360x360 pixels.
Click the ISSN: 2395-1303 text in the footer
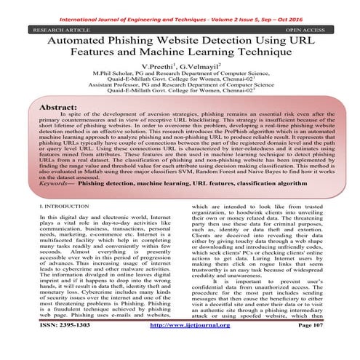click(63, 345)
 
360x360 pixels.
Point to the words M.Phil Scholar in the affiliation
click(108, 75)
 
